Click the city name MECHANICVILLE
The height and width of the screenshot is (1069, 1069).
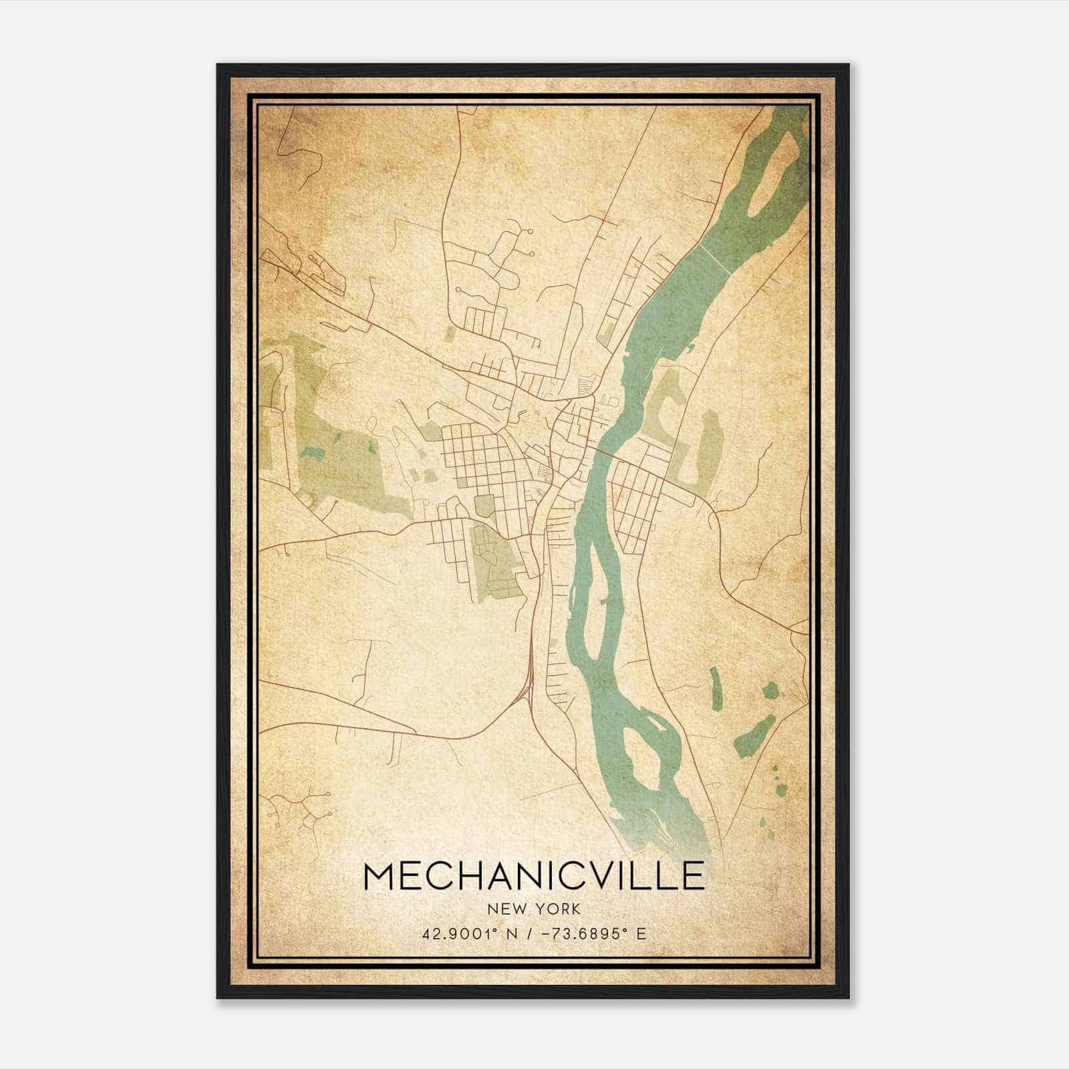(x=534, y=876)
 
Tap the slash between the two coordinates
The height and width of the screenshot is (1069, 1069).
(x=532, y=933)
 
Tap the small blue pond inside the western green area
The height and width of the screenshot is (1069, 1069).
(x=312, y=453)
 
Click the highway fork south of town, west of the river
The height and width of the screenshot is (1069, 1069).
(x=528, y=681)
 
